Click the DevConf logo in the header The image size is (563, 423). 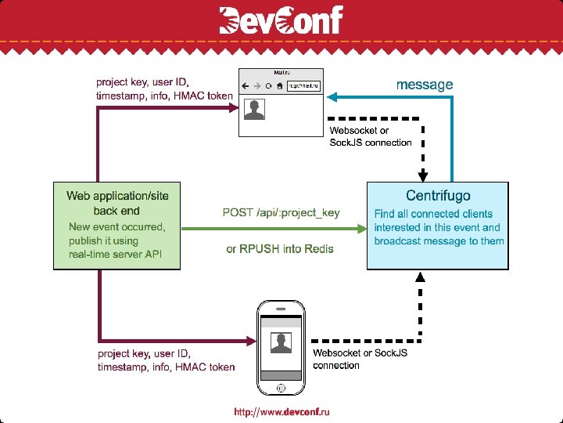pos(281,20)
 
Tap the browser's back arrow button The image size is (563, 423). pos(246,86)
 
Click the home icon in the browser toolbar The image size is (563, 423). pos(279,86)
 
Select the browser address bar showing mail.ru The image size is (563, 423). pos(303,86)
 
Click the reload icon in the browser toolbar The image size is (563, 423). pos(268,86)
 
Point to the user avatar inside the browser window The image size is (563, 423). pos(253,110)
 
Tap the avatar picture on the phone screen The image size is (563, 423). pos(280,343)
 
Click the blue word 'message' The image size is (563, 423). pos(424,84)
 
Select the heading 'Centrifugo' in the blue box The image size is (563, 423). pos(438,195)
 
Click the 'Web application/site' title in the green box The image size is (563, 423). pos(117,195)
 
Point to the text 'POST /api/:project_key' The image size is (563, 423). pos(281,213)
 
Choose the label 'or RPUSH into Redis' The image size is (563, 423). pos(280,249)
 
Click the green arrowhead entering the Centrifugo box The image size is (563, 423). pos(362,228)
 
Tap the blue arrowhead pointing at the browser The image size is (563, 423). pos(332,98)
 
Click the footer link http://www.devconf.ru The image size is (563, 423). pos(281,412)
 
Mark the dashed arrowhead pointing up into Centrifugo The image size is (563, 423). pos(421,277)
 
